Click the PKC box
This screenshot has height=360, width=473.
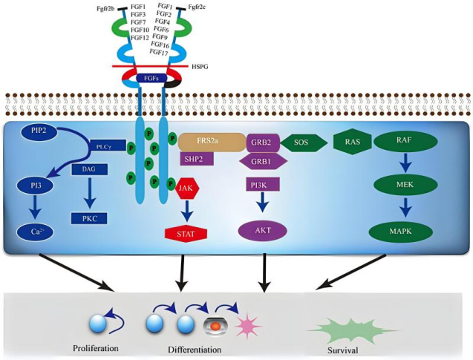[x=91, y=218]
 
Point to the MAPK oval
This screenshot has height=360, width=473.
[x=406, y=232]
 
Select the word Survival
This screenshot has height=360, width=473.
[x=341, y=349]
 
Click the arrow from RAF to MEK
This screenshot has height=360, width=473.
[x=406, y=163]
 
